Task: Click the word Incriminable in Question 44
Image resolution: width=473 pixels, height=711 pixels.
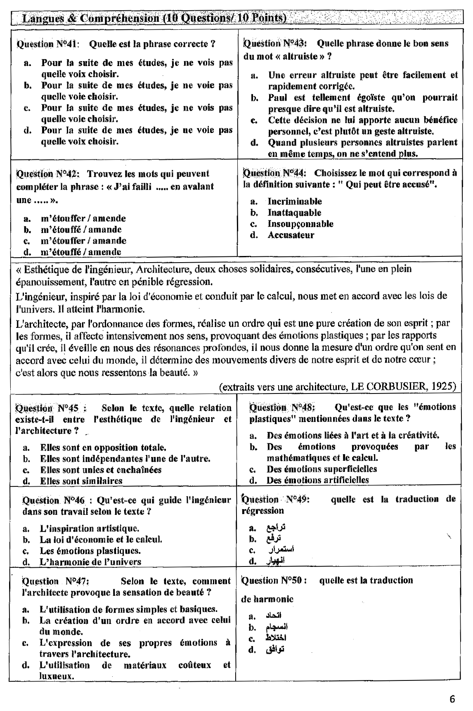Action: pos(294,201)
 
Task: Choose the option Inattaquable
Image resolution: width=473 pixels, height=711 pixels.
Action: pos(294,213)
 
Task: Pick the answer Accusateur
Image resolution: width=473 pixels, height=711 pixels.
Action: pos(291,235)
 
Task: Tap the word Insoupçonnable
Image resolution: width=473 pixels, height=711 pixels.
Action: pos(300,224)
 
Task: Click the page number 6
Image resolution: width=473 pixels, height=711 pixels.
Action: pos(453,699)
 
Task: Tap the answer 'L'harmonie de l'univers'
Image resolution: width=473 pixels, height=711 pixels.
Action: pos(90,562)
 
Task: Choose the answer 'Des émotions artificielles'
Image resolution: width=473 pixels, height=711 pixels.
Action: pos(317,480)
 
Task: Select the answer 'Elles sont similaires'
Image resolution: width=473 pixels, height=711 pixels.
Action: pos(81,481)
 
